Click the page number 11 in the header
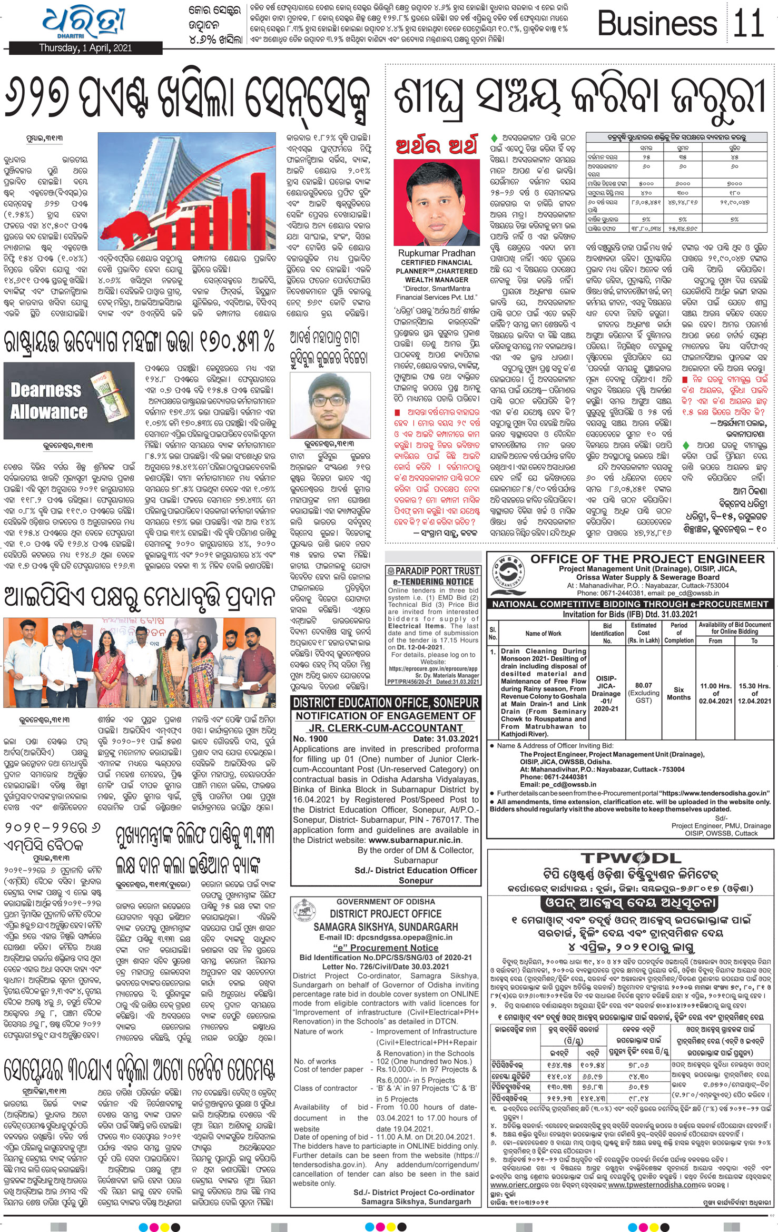click(749, 24)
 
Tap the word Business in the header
click(657, 24)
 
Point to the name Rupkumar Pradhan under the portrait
click(436, 253)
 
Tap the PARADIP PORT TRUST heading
click(433, 571)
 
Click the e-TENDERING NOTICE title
click(433, 581)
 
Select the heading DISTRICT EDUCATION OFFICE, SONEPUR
click(386, 703)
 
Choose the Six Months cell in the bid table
click(678, 693)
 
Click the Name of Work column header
click(543, 633)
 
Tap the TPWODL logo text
click(631, 858)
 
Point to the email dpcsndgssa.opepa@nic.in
click(386, 937)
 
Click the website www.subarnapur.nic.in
click(415, 840)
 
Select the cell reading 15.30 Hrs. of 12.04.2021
click(754, 693)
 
